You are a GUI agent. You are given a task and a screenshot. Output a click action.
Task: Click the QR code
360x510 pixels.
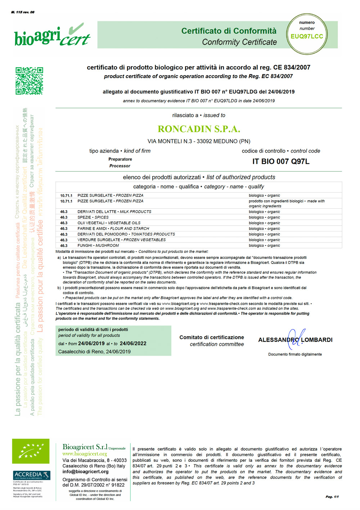(29, 81)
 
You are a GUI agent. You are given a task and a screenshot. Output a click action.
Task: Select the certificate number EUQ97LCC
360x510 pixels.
(307, 36)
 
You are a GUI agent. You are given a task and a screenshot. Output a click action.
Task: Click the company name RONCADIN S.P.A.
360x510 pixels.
(199, 129)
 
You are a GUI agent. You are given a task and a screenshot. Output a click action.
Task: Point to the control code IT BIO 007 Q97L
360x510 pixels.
(281, 161)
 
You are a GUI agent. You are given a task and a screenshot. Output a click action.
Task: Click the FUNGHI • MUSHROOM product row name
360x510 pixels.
(98, 245)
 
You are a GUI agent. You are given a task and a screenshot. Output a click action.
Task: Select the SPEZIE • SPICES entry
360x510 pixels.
(93, 217)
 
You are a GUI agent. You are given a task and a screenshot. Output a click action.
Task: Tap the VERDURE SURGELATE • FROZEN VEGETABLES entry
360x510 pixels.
(121, 240)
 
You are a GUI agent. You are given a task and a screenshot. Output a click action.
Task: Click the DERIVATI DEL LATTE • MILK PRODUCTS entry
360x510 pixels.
(114, 212)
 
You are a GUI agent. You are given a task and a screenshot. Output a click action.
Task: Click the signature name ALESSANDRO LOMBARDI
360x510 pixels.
(295, 340)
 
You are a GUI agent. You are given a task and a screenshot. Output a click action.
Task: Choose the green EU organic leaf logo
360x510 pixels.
(31, 451)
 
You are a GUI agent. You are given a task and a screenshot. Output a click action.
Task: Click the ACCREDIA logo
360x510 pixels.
(31, 475)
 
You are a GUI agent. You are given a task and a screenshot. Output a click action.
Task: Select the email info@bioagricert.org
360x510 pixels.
(85, 471)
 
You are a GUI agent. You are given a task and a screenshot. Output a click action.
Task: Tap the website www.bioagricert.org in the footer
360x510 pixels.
(85, 454)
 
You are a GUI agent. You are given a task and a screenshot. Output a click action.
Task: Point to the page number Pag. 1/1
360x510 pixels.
(332, 497)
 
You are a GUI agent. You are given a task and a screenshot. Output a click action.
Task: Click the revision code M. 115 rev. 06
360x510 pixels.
(23, 12)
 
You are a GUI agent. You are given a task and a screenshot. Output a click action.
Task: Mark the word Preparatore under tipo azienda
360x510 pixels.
(120, 159)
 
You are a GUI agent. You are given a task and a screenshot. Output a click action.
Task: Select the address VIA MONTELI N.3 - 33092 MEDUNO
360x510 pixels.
(199, 141)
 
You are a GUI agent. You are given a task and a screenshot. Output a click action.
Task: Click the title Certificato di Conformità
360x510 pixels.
(229, 31)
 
